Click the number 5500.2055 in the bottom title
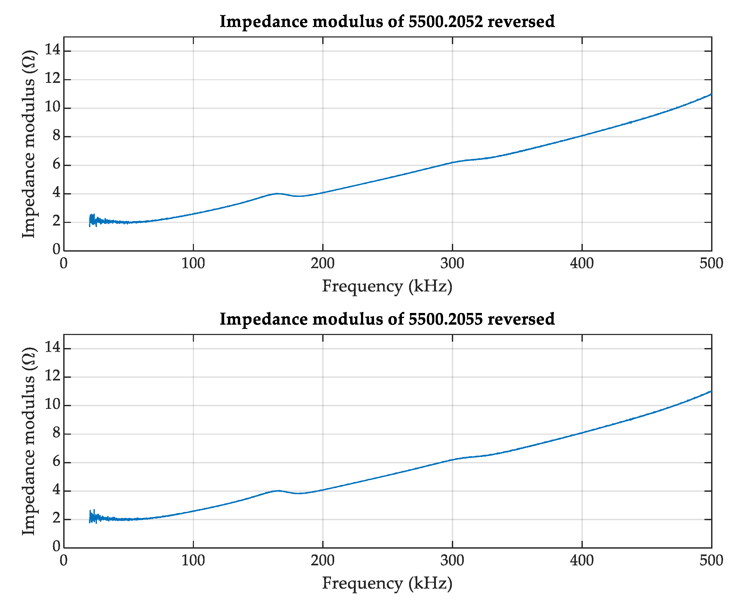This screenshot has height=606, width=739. click(x=445, y=319)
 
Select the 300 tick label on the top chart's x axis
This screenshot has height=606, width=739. click(x=452, y=263)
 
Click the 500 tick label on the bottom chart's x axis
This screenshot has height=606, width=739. click(x=711, y=561)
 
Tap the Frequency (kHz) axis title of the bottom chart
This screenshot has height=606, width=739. click(x=387, y=583)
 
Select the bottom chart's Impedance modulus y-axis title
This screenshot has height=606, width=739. click(x=29, y=442)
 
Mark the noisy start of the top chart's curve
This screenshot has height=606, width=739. click(x=92, y=220)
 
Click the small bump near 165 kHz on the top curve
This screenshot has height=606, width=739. click(x=277, y=193)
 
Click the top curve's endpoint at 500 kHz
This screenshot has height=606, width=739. click(x=711, y=94)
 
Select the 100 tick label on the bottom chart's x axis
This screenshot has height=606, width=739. click(x=193, y=561)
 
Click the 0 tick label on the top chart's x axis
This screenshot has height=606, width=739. click(x=63, y=263)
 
